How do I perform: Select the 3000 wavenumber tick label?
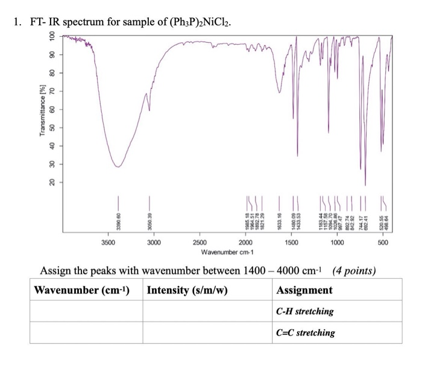tap(153, 243)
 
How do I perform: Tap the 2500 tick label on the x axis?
tap(200, 243)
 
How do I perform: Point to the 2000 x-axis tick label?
tap(245, 243)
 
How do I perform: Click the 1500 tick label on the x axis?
tap(291, 243)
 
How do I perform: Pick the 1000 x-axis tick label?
tap(337, 243)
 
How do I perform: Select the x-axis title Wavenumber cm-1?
tap(227, 252)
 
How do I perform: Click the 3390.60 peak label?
tap(118, 220)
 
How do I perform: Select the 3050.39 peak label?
tap(150, 220)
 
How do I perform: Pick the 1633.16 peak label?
tap(279, 220)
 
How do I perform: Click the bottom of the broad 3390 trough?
tap(118, 167)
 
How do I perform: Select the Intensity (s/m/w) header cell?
tap(187, 290)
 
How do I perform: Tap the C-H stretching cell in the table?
tap(304, 311)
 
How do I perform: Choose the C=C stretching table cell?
tap(305, 332)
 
